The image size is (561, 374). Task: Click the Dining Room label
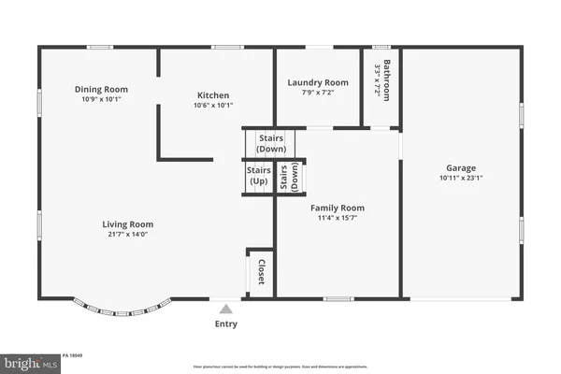coord(101,90)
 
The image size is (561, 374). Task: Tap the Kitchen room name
coord(213,94)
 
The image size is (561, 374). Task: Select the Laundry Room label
coord(318,82)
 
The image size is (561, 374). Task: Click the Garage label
coord(460,166)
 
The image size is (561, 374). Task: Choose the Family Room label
coord(338,208)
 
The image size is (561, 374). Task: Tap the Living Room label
coord(128,224)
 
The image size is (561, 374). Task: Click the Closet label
coord(261,272)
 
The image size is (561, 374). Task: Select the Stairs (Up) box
coord(258,175)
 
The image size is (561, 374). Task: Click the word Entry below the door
coord(225,324)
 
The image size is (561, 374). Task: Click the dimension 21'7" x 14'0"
coord(128,235)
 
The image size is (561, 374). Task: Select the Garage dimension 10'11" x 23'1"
coord(460,177)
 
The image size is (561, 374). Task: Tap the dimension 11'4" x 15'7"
coord(338,218)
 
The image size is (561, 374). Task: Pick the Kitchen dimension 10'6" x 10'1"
coord(213,105)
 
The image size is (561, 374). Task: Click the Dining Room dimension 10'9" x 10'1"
coord(101,100)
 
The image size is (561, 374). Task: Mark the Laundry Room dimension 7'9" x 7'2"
coord(318,93)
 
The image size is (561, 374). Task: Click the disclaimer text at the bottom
coord(280,367)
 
